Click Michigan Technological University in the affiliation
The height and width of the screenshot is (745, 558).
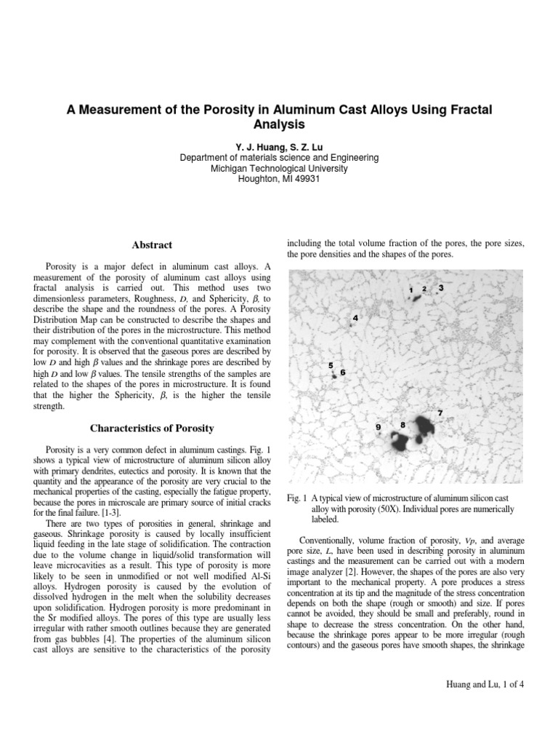279,169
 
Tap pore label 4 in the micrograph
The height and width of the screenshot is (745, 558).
355,318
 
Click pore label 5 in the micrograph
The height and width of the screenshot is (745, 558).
331,365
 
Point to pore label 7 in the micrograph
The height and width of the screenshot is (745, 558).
440,413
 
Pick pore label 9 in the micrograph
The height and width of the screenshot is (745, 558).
378,426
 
